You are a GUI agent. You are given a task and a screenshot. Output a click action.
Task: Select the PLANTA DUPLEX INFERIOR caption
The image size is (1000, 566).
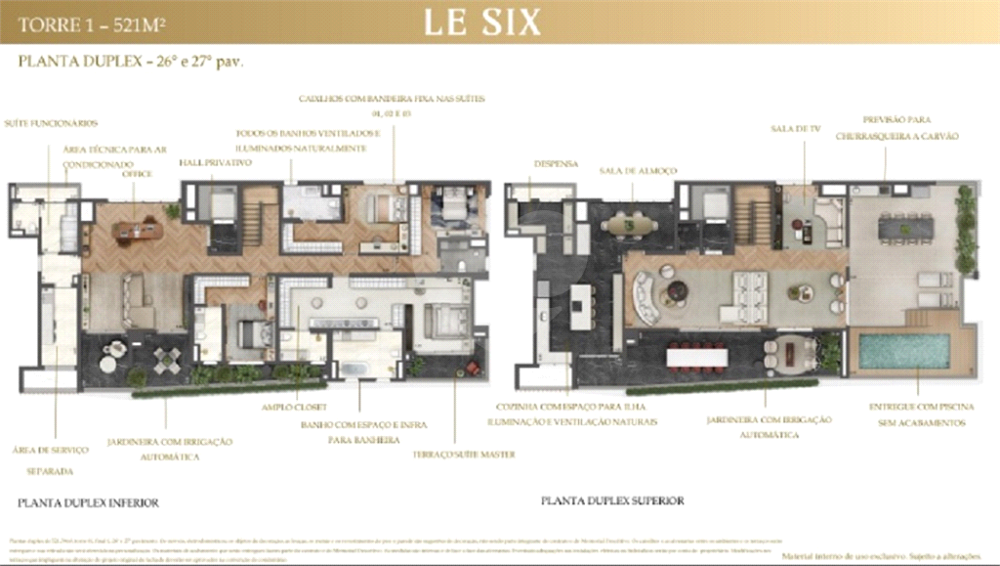click(x=88, y=502)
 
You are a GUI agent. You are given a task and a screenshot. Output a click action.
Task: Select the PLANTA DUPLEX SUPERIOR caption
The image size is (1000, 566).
click(x=612, y=501)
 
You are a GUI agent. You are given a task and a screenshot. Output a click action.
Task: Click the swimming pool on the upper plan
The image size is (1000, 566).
click(x=903, y=351)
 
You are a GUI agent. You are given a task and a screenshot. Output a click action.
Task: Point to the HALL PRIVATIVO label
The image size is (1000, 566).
click(x=215, y=162)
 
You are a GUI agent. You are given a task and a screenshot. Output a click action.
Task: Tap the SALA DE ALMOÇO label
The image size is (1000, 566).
click(x=638, y=170)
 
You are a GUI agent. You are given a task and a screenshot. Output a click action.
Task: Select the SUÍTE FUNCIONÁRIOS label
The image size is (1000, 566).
click(x=51, y=123)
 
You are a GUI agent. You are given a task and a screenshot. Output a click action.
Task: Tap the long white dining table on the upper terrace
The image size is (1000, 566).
click(x=696, y=358)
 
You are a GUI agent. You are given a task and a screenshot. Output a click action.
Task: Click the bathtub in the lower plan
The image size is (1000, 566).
click(x=354, y=368)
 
